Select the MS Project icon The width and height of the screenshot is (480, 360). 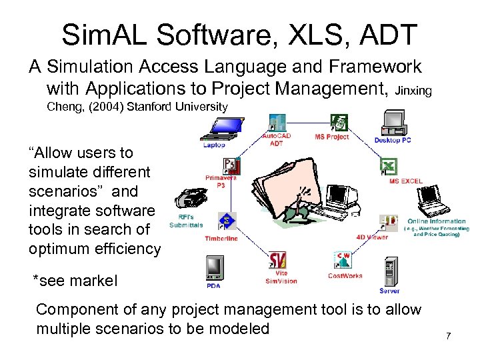pyautogui.click(x=339, y=123)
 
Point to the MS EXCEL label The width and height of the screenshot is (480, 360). pyautogui.click(x=406, y=181)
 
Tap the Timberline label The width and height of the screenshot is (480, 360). pyautogui.click(x=221, y=238)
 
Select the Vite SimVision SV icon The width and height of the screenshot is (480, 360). pyautogui.click(x=277, y=260)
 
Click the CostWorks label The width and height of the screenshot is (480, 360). pyautogui.click(x=345, y=276)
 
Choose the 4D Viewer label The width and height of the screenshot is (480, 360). pyautogui.click(x=371, y=237)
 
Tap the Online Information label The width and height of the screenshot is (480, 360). pyautogui.click(x=436, y=221)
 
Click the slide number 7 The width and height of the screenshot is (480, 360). pyautogui.click(x=449, y=335)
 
